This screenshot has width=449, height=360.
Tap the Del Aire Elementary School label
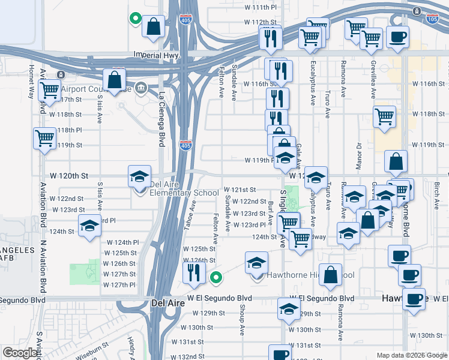coord(184,188)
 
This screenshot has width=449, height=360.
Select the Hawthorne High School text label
coord(311,275)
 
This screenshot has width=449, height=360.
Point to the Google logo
coord(20,353)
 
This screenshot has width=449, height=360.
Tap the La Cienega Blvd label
coord(161,119)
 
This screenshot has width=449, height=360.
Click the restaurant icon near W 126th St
coord(194,273)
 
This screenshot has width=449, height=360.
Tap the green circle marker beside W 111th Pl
coord(136,19)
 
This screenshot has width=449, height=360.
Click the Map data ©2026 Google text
coord(412,355)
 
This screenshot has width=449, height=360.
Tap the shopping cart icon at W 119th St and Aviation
coord(44,138)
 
